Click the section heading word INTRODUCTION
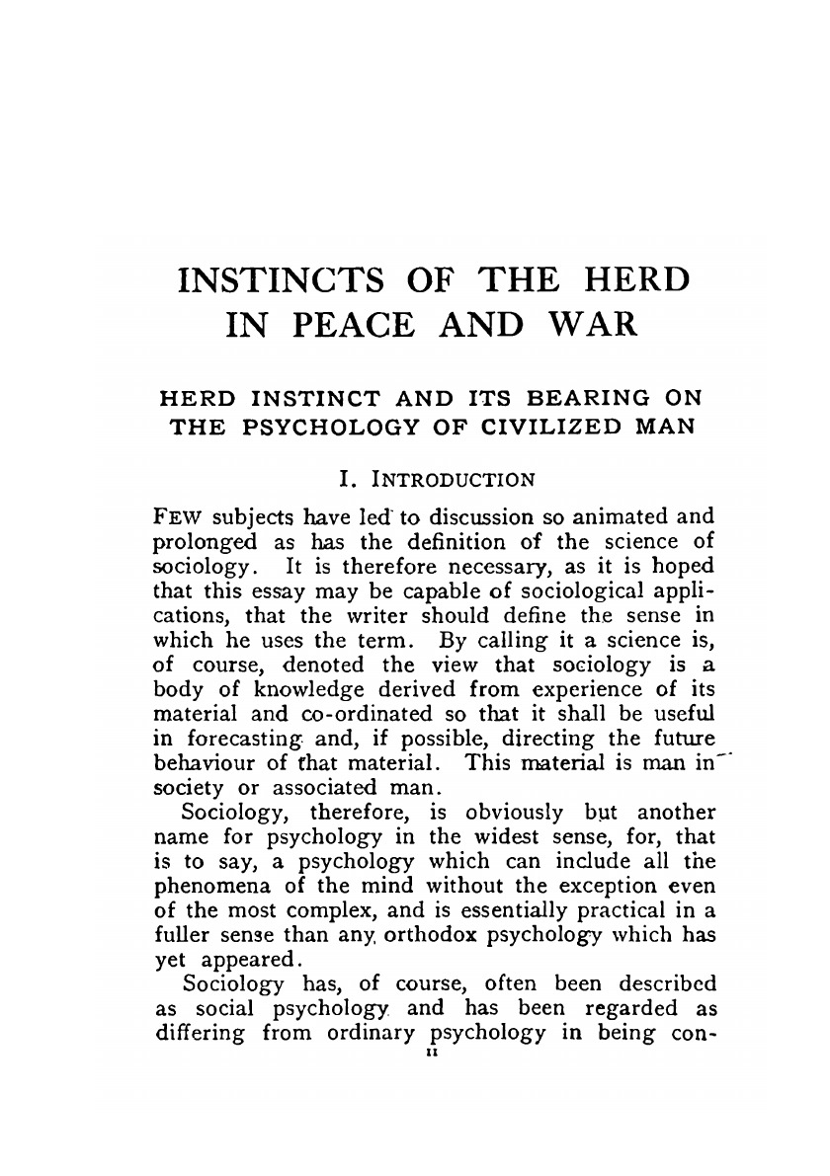point(458,481)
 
